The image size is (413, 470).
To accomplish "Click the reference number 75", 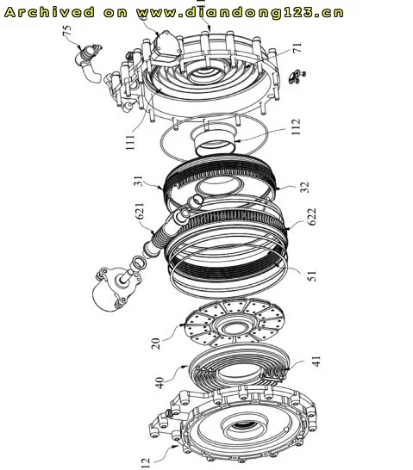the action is [x=67, y=31].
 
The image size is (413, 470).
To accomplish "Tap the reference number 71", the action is [x=297, y=48].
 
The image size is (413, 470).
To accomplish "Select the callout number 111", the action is [x=130, y=142].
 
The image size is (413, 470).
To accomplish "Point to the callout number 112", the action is [x=296, y=127].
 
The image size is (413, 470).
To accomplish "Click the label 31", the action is [x=139, y=181].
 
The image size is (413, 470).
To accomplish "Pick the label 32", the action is [x=304, y=187].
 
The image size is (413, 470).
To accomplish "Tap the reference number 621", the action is [x=141, y=211].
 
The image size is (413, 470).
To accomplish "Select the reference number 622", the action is [x=311, y=216].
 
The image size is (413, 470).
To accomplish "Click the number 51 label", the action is [x=312, y=275].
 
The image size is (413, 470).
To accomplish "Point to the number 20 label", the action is [x=156, y=343].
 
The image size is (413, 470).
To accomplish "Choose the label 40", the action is [x=160, y=383].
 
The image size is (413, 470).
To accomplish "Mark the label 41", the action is [x=316, y=362].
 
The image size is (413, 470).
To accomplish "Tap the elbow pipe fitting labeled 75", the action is [x=89, y=62].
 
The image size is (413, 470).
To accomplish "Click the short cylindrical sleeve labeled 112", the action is [x=215, y=139].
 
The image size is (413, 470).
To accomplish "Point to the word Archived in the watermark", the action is [x=49, y=12].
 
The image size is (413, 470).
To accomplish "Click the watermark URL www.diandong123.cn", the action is [x=240, y=13].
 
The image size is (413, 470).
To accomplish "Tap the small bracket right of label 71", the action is [x=297, y=76].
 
